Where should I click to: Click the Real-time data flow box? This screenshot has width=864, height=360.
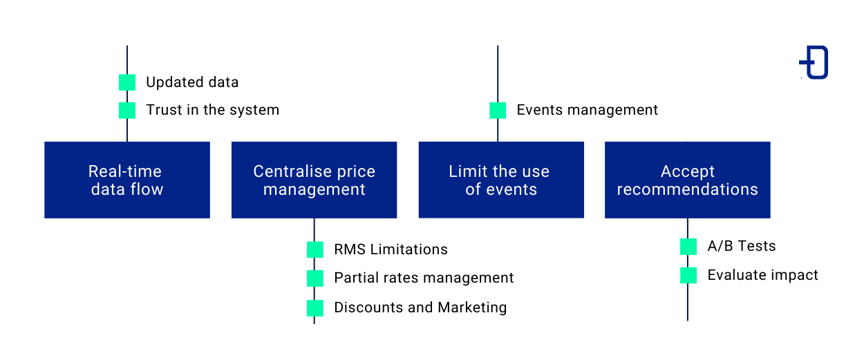tap(127, 180)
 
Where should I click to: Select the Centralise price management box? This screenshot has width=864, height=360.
tap(314, 180)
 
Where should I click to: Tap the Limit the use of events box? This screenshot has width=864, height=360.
tap(501, 180)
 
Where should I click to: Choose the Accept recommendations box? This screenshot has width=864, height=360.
tap(687, 180)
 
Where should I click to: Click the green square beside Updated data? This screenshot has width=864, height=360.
tap(127, 82)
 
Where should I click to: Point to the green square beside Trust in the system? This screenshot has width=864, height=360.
tap(127, 110)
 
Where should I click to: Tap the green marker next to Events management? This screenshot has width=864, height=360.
tap(498, 110)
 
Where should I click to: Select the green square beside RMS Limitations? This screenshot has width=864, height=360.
tap(315, 249)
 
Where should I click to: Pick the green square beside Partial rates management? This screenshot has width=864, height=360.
tap(315, 278)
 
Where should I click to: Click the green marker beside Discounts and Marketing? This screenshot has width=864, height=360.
tap(315, 307)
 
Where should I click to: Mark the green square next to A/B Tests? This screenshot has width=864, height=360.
tap(688, 247)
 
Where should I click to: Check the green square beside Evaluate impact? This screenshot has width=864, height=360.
tap(688, 275)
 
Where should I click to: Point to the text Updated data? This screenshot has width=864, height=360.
tap(192, 82)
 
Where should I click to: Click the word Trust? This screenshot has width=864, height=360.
tap(163, 110)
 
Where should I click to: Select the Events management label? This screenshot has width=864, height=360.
tap(588, 110)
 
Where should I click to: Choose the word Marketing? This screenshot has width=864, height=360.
tap(472, 307)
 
